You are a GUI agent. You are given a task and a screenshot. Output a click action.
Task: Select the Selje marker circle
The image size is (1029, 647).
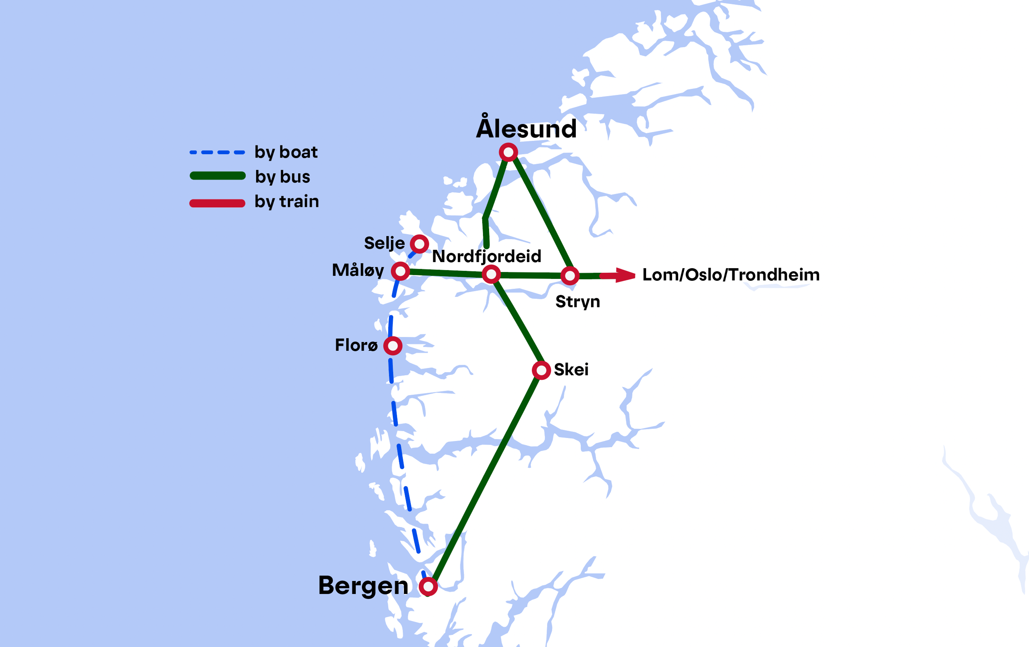(419, 244)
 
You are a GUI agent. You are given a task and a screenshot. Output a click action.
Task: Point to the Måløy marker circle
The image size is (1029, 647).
(400, 271)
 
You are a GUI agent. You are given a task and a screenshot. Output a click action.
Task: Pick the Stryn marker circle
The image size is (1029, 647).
(570, 276)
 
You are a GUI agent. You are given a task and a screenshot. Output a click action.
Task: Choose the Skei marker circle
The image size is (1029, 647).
(541, 370)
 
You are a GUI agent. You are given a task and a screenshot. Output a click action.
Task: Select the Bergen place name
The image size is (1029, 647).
(363, 586)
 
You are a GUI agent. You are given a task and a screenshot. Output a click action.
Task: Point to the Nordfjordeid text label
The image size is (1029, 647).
(486, 256)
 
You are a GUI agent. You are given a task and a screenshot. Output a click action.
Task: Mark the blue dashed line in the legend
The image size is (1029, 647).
(217, 152)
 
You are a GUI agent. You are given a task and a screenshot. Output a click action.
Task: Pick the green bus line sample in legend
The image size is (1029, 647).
(217, 176)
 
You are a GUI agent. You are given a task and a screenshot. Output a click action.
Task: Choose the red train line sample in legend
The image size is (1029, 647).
(217, 203)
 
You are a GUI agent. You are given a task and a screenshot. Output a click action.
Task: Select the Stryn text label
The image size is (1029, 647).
(577, 302)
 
